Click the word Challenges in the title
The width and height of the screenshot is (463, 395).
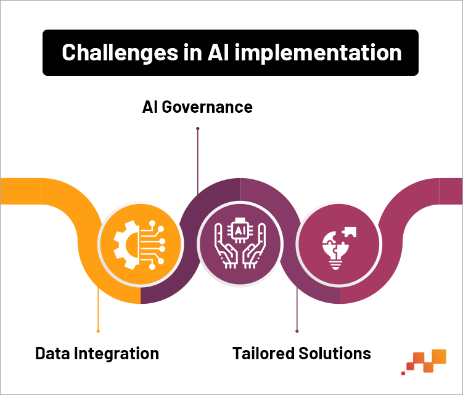(x=120, y=53)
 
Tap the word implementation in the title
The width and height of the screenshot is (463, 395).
(x=318, y=53)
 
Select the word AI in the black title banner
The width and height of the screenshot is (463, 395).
(x=218, y=52)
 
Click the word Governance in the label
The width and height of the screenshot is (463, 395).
(x=207, y=107)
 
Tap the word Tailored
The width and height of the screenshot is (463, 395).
(x=263, y=353)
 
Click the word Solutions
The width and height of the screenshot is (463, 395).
(x=335, y=353)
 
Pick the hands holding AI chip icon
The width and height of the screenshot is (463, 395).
(x=240, y=243)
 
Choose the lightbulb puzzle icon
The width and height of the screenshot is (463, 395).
(x=339, y=248)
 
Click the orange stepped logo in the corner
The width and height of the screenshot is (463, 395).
(x=426, y=360)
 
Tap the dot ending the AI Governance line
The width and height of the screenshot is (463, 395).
(x=198, y=128)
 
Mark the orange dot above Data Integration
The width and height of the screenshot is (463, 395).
(x=98, y=331)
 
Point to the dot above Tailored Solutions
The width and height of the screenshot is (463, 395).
(x=297, y=331)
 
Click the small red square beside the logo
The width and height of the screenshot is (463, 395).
(x=403, y=373)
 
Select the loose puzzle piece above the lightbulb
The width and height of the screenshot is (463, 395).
(x=350, y=232)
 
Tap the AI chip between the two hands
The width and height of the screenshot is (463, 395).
(x=240, y=230)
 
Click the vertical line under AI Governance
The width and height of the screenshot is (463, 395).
(x=198, y=161)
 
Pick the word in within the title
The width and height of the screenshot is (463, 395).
(x=192, y=52)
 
